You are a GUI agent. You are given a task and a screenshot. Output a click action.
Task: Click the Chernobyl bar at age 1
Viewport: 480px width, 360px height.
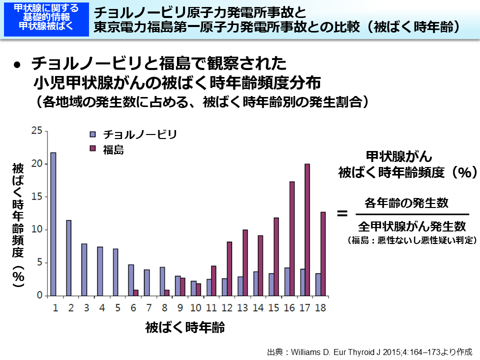(53, 224)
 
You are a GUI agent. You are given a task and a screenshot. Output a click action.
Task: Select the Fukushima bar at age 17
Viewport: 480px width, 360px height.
(307, 229)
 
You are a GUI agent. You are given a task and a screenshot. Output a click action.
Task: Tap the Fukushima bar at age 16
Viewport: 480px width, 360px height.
(291, 238)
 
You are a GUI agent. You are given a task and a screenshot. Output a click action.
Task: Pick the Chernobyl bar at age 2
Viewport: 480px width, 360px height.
(68, 258)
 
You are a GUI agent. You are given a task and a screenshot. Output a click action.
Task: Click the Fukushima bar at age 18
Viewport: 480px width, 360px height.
(323, 254)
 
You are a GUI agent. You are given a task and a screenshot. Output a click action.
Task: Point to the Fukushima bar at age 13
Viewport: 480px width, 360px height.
(245, 262)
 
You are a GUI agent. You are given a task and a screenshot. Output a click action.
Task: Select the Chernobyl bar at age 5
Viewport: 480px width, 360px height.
(115, 272)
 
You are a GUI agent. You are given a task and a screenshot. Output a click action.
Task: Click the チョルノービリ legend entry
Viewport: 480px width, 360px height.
(133, 134)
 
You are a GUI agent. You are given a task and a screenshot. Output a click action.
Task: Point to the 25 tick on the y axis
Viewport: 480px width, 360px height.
(36, 130)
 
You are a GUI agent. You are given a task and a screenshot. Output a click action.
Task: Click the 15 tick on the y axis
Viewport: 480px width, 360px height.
(36, 196)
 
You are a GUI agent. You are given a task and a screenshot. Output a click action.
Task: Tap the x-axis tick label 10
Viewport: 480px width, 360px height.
(196, 307)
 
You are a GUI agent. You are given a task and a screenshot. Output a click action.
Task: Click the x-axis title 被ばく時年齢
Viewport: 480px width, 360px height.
(185, 328)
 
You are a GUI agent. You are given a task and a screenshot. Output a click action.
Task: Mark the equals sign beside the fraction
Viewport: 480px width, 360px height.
(342, 213)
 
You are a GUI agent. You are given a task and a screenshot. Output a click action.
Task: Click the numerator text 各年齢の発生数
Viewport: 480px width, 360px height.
(406, 203)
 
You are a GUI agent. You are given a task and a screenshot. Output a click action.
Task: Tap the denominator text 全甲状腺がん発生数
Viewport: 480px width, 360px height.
(411, 225)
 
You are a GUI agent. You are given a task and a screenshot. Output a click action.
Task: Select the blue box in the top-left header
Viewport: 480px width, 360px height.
(46, 18)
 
